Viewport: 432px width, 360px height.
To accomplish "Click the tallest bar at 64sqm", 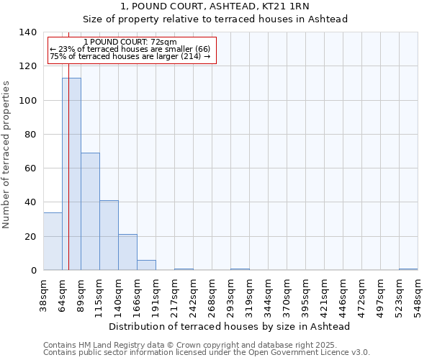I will pyautogui.click(x=71, y=174).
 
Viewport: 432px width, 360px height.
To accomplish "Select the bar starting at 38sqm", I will pyautogui.click(x=53, y=241).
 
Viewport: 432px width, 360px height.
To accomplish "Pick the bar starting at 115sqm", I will pyautogui.click(x=109, y=235).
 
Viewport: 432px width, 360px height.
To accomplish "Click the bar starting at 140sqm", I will pyautogui.click(x=127, y=252).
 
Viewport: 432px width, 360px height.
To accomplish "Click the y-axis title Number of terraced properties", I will pyautogui.click(x=7, y=155).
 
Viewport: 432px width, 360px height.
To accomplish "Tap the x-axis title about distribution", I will pyautogui.click(x=230, y=326).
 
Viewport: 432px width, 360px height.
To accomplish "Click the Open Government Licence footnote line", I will pyautogui.click(x=207, y=353).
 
